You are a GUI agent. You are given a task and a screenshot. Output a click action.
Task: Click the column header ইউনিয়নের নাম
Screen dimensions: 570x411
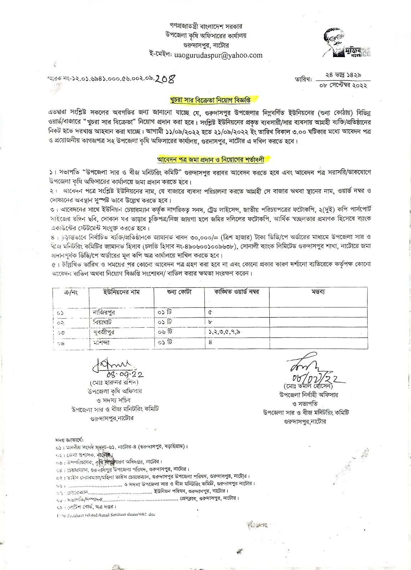tap(121, 292)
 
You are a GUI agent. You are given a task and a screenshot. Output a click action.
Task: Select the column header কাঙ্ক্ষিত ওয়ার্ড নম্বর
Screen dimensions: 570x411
tap(237, 292)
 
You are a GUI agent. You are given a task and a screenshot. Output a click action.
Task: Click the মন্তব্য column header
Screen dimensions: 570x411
tap(318, 292)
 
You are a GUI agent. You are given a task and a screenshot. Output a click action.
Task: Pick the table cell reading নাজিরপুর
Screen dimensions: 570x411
tap(104, 312)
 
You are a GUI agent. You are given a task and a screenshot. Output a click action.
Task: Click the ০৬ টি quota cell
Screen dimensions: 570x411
tap(165, 332)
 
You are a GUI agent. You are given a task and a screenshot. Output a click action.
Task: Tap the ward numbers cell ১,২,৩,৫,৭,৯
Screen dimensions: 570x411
tap(224, 332)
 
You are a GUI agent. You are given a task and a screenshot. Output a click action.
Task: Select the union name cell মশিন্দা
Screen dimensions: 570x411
tap(101, 342)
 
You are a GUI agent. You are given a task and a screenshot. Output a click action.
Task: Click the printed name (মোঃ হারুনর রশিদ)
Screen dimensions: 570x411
tap(115, 383)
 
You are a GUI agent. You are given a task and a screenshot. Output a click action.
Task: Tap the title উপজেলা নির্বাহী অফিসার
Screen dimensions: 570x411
tap(309, 395)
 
